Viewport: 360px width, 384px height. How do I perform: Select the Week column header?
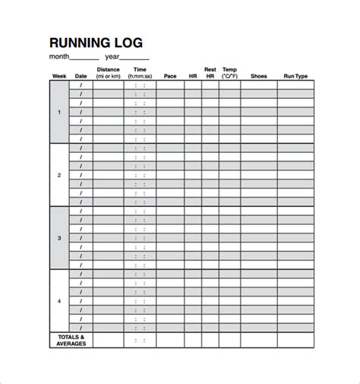tap(59, 76)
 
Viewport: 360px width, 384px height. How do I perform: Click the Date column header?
tap(81, 76)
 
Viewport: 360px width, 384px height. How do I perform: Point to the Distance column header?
tap(108, 73)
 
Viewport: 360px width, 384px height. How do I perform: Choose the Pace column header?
tap(170, 76)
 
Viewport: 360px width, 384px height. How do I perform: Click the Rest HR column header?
tap(210, 73)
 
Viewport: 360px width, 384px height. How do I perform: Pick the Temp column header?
tap(229, 73)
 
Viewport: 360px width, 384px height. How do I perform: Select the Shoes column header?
tap(258, 76)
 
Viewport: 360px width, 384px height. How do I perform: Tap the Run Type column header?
tap(295, 76)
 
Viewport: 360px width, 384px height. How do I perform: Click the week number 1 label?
tap(59, 112)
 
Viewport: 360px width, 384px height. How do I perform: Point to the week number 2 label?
tap(59, 175)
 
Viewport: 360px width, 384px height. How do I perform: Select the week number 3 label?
tap(59, 237)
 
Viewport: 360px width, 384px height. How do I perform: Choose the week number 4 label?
tap(59, 300)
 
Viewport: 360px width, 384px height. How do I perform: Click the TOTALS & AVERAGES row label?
tap(71, 340)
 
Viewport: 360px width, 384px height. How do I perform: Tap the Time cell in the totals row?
tap(140, 340)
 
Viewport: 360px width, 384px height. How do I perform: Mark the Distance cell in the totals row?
tap(108, 340)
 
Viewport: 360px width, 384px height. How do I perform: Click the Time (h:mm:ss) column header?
tap(140, 73)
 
